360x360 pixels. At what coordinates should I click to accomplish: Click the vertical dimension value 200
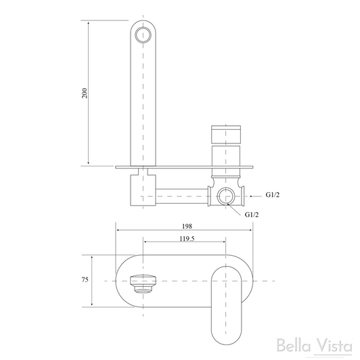[x=84, y=93]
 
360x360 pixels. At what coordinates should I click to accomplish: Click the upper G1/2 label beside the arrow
[x=273, y=195]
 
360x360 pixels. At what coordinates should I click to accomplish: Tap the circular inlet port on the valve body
[x=228, y=196]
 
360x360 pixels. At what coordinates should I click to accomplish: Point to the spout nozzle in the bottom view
[x=143, y=280]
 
